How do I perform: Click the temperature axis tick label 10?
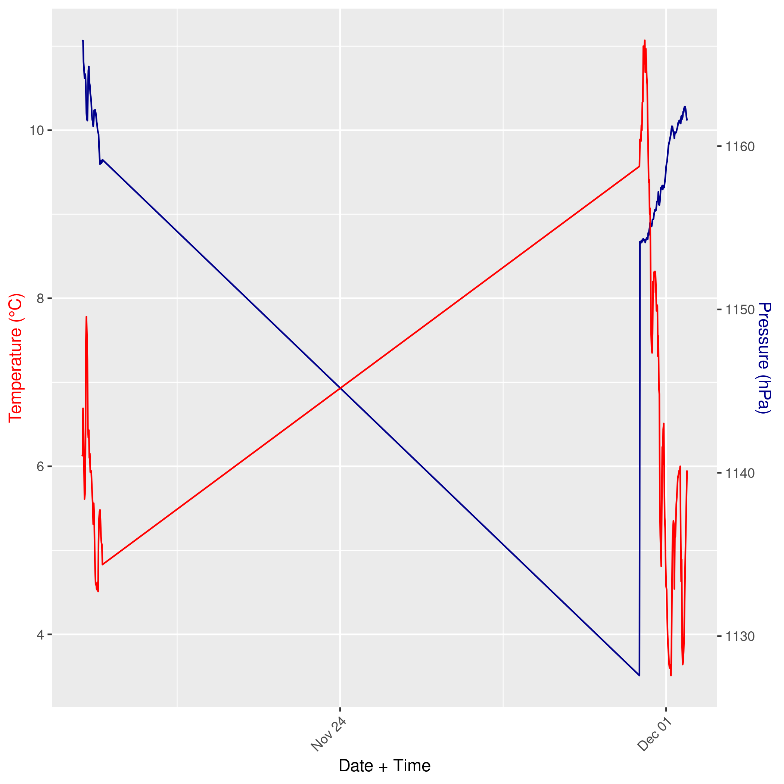[x=36, y=131]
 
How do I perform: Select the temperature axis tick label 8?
[x=40, y=299]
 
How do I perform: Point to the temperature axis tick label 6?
[x=40, y=467]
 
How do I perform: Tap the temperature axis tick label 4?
[x=40, y=635]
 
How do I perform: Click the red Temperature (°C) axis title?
[x=16, y=358]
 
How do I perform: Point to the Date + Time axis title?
[x=384, y=766]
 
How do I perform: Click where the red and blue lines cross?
[x=340, y=388]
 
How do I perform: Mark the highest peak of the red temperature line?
[x=645, y=41]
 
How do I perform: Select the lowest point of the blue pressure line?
[x=639, y=676]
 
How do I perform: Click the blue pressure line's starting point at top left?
[x=83, y=41]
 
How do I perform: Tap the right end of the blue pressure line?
[x=687, y=120]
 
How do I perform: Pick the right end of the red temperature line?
[x=687, y=471]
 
